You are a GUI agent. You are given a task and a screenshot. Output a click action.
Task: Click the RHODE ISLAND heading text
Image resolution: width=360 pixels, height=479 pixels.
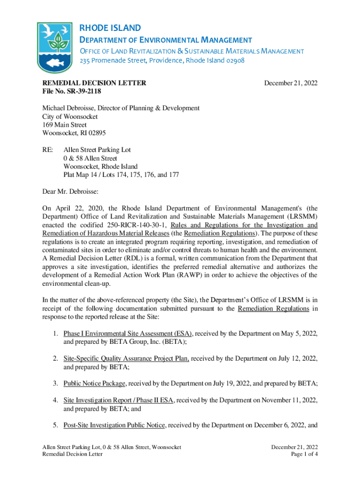(x=109, y=28)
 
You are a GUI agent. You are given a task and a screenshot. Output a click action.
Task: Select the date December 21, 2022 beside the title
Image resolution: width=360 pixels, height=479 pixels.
(x=291, y=83)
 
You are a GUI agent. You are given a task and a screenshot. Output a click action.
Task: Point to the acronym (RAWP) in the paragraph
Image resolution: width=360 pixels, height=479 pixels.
(x=189, y=275)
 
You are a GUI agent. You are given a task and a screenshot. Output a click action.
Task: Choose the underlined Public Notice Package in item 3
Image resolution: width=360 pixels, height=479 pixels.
(x=94, y=384)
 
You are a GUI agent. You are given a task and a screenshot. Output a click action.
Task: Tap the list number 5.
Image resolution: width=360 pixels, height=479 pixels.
(x=55, y=425)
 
